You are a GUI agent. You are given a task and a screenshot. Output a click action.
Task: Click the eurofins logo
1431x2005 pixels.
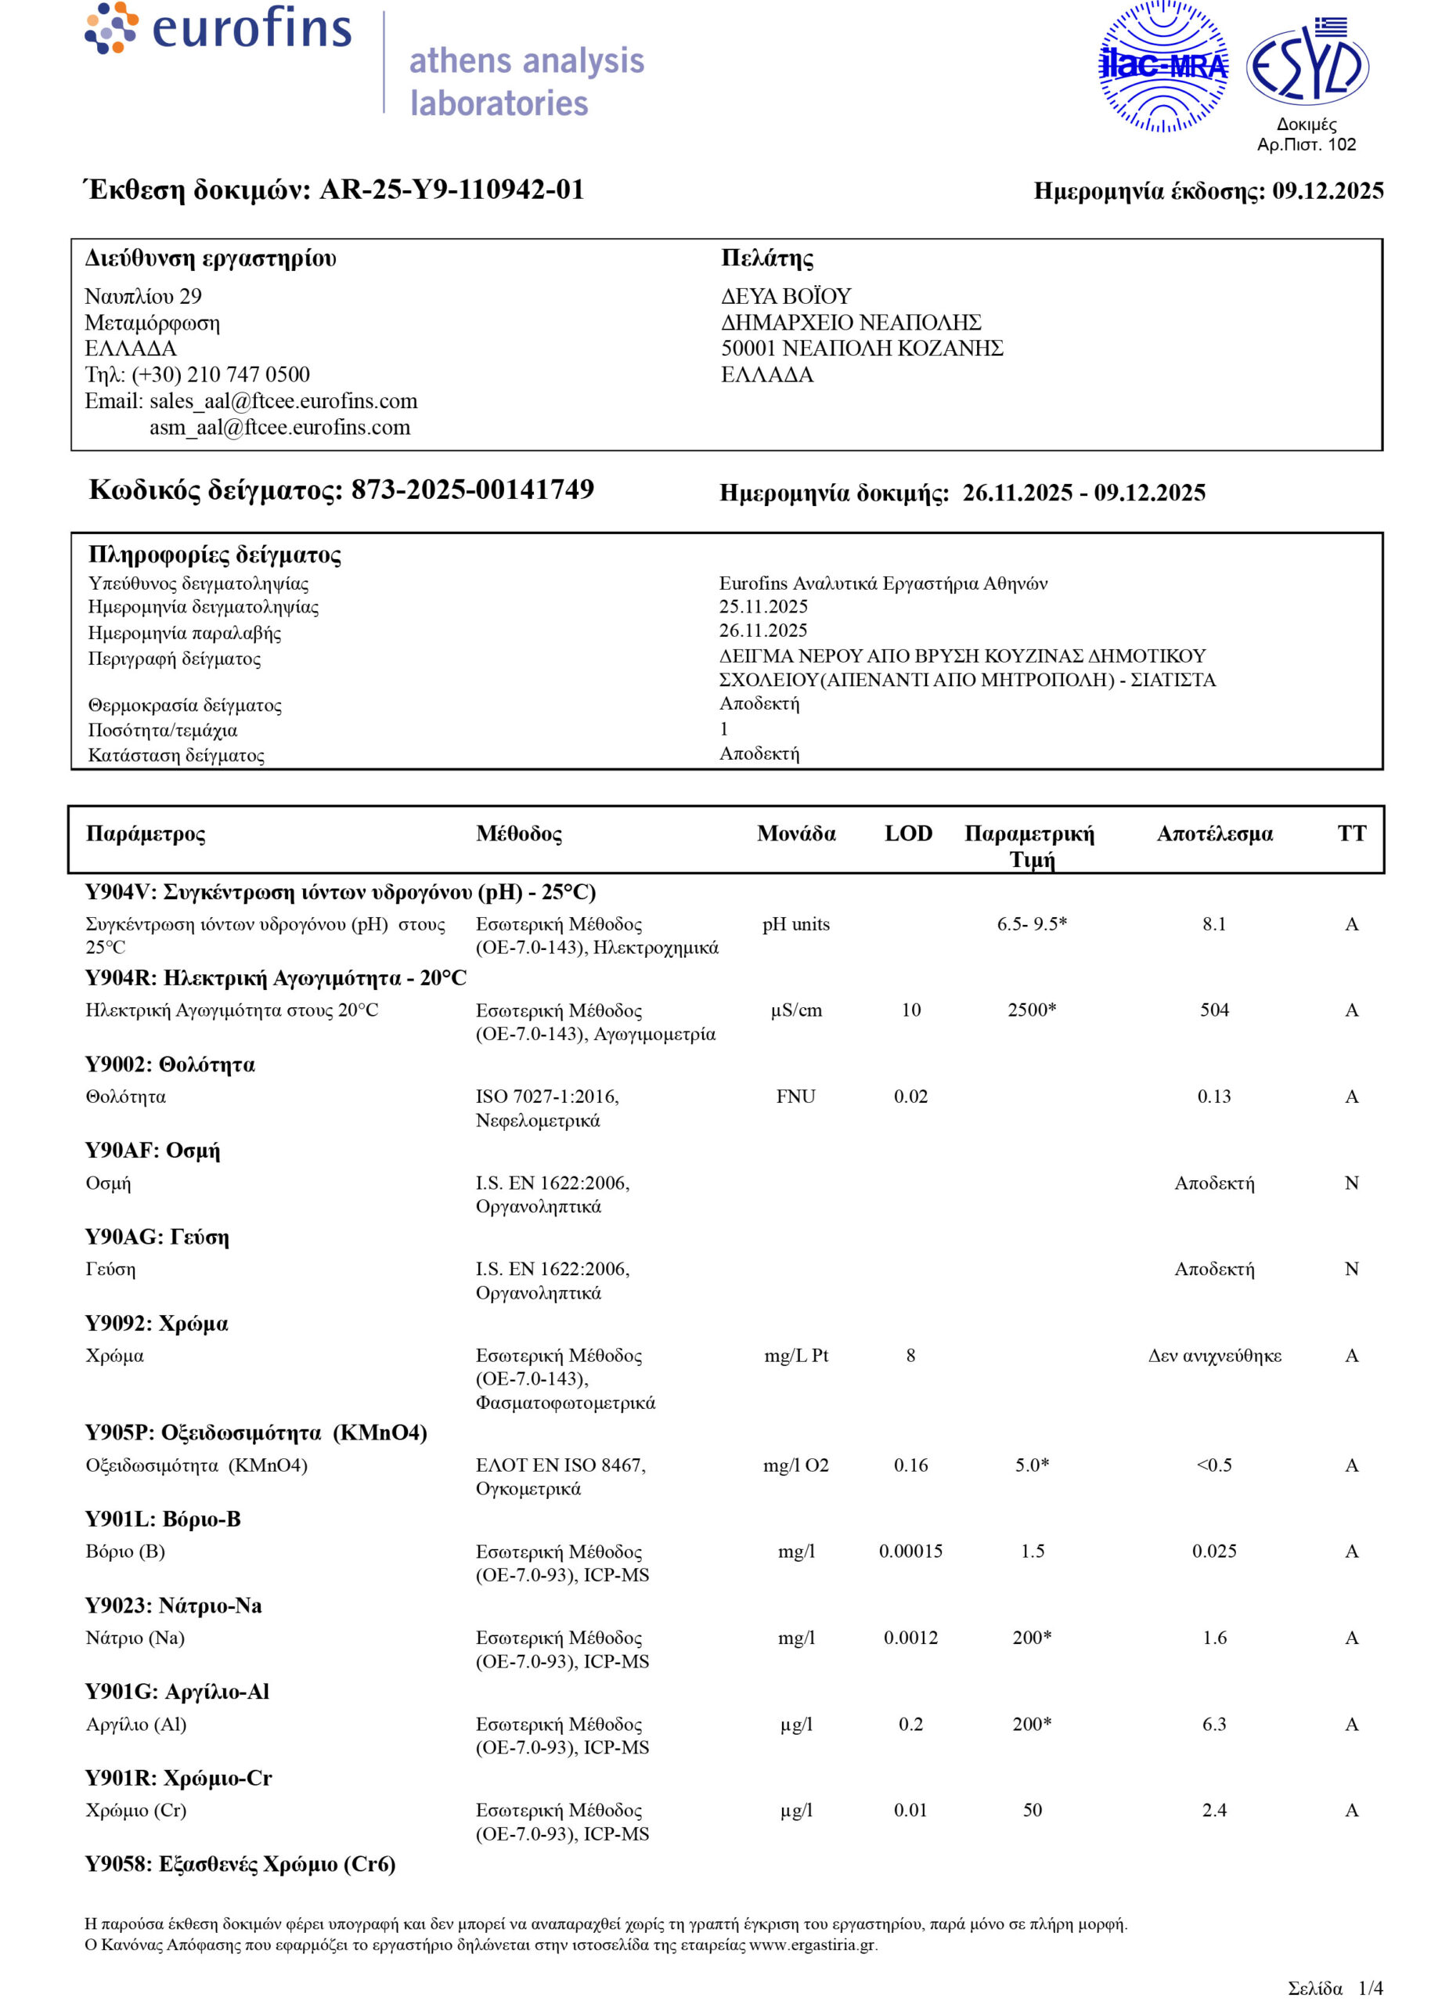click(218, 28)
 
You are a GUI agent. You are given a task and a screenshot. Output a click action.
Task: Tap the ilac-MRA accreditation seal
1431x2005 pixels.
click(1162, 66)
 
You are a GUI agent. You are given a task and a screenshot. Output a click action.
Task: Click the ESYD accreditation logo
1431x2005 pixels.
click(1307, 65)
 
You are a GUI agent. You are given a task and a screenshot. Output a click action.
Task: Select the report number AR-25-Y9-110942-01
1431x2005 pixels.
click(451, 190)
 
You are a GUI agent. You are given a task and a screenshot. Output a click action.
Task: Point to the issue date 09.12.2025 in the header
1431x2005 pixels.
click(1327, 191)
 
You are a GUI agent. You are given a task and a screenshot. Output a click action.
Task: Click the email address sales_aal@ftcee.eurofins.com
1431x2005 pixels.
click(283, 401)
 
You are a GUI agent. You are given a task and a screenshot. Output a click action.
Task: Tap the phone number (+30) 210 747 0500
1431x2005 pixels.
click(222, 374)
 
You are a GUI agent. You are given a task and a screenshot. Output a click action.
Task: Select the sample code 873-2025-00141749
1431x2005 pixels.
click(472, 490)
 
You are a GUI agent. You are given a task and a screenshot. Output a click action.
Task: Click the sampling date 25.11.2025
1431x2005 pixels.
click(763, 606)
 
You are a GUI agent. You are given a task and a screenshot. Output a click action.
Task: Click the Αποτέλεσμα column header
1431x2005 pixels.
click(1214, 834)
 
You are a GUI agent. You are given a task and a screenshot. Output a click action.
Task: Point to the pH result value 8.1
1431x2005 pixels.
click(1213, 923)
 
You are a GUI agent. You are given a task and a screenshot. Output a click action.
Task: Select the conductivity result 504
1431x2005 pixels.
click(1213, 1010)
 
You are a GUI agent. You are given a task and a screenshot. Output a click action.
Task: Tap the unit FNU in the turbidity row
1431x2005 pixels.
click(795, 1096)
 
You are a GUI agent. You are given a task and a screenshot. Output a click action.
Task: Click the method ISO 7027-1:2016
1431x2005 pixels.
click(547, 1096)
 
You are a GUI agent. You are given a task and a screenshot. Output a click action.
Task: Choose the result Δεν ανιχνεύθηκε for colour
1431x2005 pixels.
click(1214, 1356)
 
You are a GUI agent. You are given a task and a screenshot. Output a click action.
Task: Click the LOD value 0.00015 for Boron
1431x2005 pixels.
click(910, 1551)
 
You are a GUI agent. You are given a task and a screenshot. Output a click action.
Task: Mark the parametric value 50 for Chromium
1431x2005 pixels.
click(1032, 1810)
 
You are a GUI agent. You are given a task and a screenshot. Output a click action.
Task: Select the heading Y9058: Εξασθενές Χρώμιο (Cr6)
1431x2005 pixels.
click(240, 1865)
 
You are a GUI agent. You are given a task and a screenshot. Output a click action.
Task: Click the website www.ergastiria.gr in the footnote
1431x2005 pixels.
click(813, 1945)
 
